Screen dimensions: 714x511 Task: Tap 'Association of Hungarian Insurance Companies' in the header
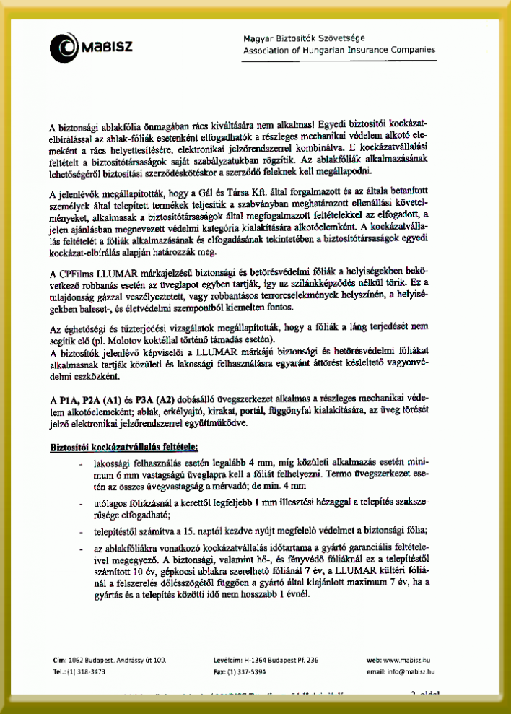click(x=339, y=51)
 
